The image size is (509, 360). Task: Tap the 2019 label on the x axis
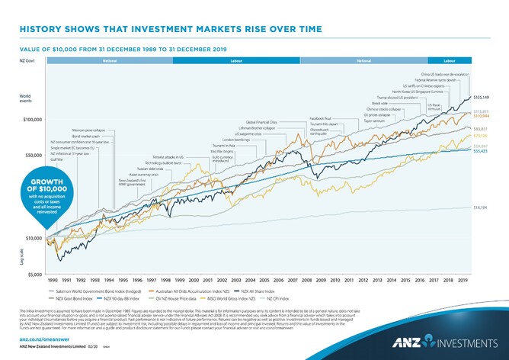462,281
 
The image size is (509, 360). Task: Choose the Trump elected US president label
398,98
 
